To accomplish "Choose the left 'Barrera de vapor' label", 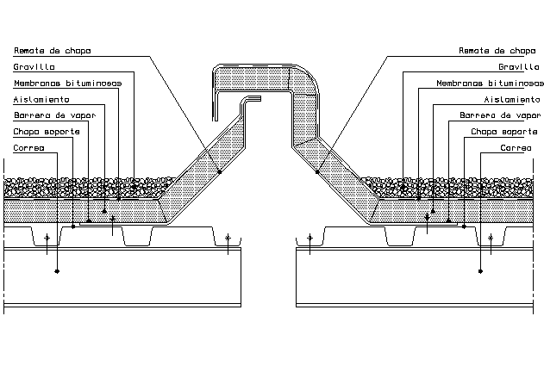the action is tap(54, 115).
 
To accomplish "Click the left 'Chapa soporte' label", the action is tap(47, 132).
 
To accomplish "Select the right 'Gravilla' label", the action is tap(517, 67).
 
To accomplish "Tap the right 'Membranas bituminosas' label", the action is tap(490, 84).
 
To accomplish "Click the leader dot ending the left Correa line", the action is tap(57, 271).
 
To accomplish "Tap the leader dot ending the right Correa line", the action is tap(480, 271).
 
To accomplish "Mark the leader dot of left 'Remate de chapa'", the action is tap(220, 172).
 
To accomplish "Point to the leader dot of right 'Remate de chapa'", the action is tap(317, 172).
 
